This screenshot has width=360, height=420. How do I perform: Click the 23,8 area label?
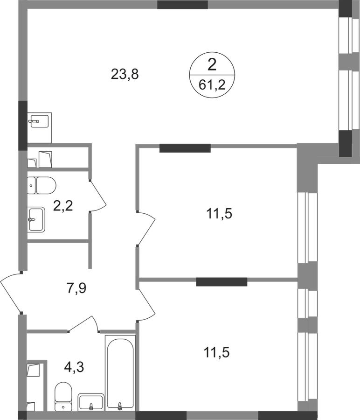point(125,74)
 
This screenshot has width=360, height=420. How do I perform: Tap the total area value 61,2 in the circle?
point(212,85)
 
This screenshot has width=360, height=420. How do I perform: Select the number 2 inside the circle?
point(212,65)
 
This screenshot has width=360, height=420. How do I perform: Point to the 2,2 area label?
point(63,206)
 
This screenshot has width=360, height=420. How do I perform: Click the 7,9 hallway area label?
point(76,288)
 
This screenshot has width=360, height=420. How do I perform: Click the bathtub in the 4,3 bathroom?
point(120,373)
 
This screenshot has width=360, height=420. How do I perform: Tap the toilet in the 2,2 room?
point(42,185)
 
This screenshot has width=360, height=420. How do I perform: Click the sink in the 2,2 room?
point(36,219)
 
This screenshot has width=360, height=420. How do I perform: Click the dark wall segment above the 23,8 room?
point(182,5)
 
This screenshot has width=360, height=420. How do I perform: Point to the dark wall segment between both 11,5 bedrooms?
point(222,282)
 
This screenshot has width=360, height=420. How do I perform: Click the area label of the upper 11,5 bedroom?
point(219,214)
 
